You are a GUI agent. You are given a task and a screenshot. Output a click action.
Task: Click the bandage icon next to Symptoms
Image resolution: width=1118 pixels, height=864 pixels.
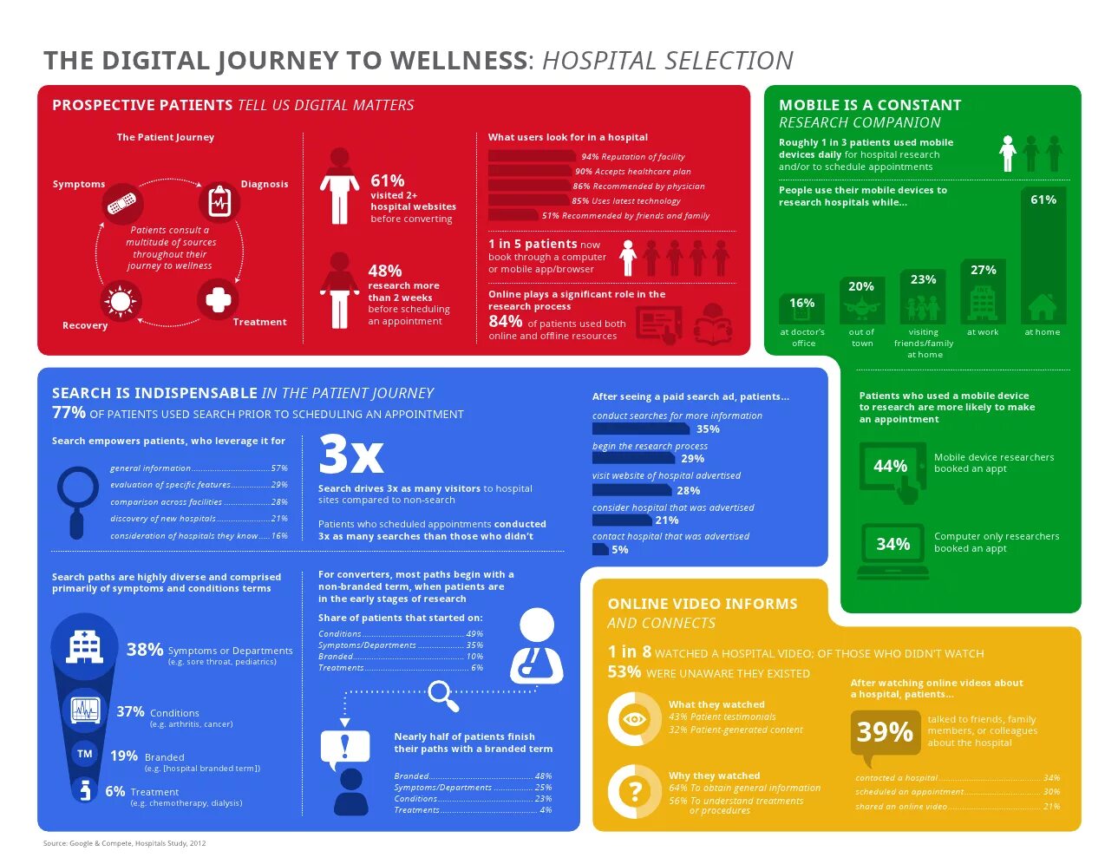click(x=121, y=204)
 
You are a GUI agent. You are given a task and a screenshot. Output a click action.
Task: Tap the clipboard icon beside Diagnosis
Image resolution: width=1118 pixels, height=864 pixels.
click(x=219, y=202)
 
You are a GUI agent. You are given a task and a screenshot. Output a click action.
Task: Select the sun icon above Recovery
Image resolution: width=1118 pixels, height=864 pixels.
click(x=120, y=302)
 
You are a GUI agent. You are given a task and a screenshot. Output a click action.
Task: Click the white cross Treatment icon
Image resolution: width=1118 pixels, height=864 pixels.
click(x=219, y=300)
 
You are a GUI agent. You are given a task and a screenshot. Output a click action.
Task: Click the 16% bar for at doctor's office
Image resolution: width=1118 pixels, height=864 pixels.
click(x=801, y=309)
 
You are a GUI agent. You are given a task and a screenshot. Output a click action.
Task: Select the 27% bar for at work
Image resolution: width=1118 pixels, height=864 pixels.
click(x=983, y=292)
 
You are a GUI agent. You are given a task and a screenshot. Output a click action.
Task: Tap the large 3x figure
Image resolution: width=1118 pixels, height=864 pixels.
click(x=350, y=453)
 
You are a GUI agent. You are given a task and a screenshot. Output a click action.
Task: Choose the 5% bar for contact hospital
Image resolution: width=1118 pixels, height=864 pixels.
click(x=600, y=549)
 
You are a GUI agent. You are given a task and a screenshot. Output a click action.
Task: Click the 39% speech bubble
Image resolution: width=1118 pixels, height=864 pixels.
click(x=884, y=734)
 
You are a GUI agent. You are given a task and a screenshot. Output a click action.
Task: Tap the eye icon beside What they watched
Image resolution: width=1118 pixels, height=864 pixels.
click(x=634, y=718)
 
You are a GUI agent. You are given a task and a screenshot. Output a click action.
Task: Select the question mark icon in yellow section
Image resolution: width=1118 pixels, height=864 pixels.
click(x=634, y=790)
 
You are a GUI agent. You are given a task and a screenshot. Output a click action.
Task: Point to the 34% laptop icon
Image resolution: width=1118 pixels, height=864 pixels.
click(x=892, y=547)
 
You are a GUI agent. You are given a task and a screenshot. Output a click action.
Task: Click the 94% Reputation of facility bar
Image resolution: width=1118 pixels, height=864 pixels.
click(x=533, y=156)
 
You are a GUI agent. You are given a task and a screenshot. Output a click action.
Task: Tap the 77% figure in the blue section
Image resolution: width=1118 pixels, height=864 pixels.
click(x=69, y=413)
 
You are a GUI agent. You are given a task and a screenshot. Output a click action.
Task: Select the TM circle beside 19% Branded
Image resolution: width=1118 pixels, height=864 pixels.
click(x=84, y=754)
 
